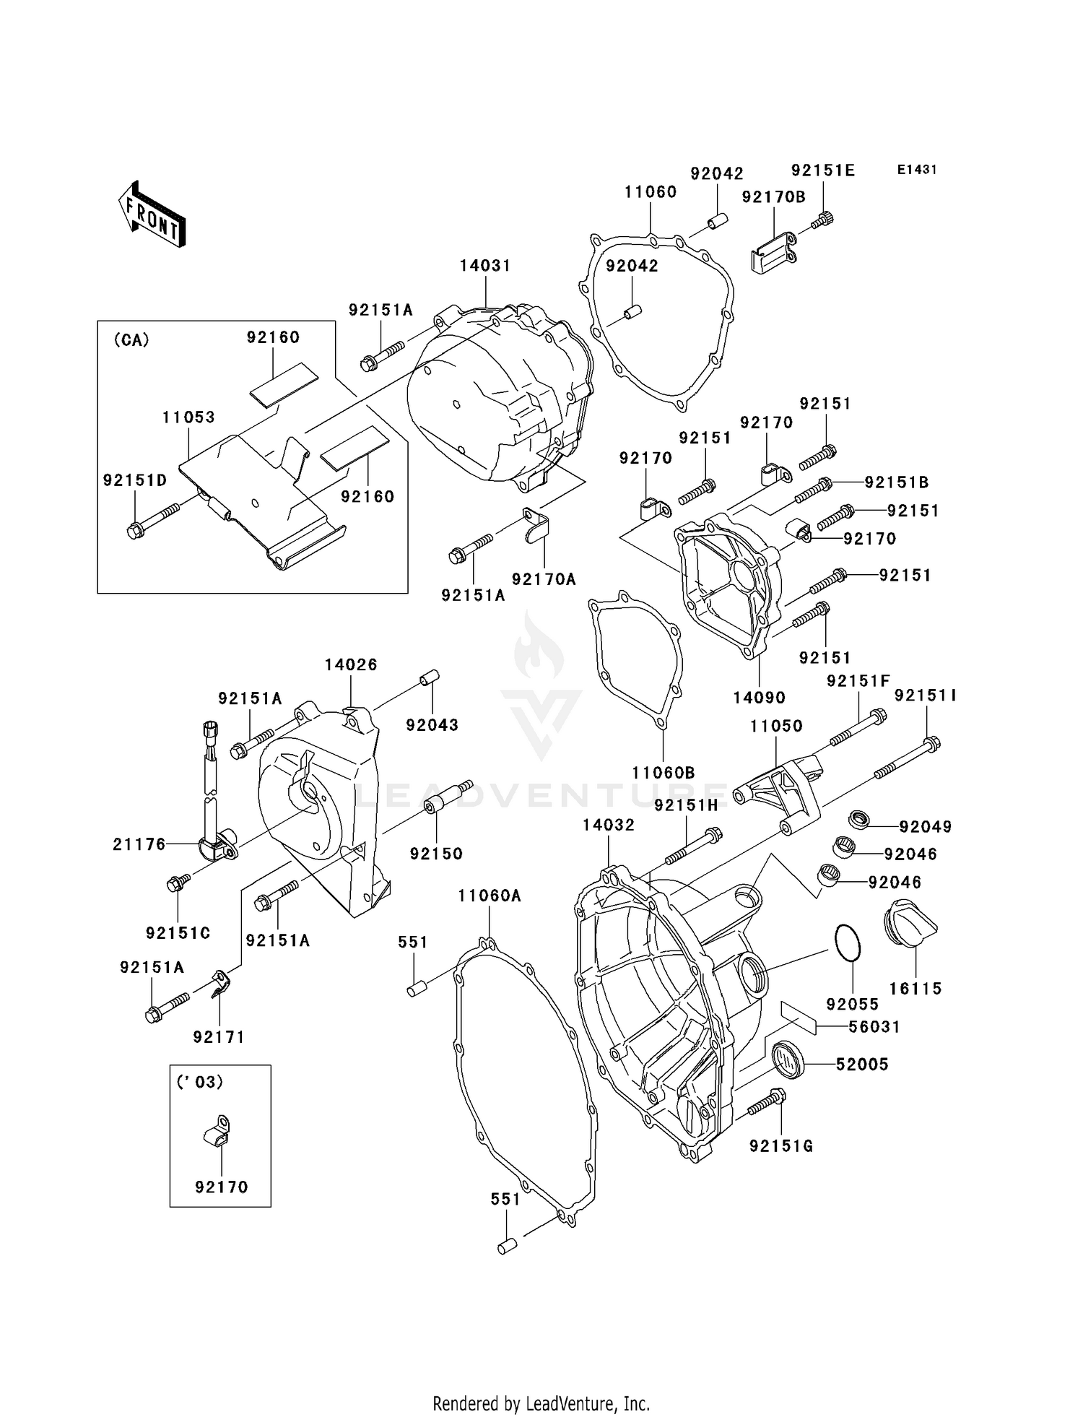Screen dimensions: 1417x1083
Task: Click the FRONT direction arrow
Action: [x=152, y=214]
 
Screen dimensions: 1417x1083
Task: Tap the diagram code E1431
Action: [x=916, y=170]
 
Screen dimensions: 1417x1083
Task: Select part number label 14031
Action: [x=485, y=265]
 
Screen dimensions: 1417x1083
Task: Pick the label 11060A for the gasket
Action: [x=489, y=896]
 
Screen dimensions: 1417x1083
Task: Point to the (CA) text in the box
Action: [x=131, y=340]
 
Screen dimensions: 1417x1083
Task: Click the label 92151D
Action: [x=134, y=480]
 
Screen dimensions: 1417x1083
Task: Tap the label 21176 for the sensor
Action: [x=139, y=844]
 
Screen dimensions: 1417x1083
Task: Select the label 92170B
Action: [x=773, y=196]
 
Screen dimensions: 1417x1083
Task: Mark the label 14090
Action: [x=759, y=698]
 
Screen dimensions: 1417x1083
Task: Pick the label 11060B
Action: [x=663, y=773]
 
